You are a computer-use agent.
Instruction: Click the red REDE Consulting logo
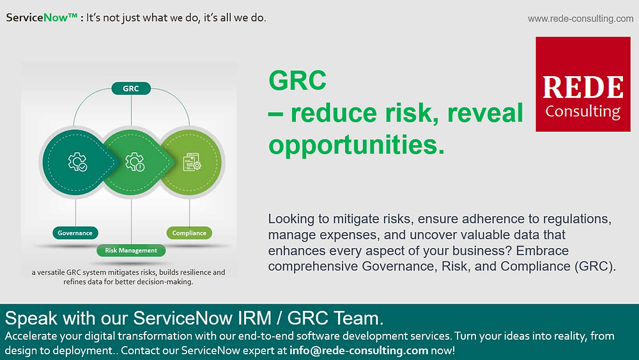click(x=583, y=84)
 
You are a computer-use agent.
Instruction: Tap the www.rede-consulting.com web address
click(x=580, y=19)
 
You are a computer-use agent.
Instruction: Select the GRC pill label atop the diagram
click(x=130, y=88)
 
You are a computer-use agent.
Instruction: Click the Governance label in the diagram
click(x=75, y=233)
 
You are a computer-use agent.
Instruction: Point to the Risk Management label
click(x=130, y=251)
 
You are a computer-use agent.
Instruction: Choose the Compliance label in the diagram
click(x=189, y=233)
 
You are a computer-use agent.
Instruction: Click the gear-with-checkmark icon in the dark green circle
click(x=78, y=162)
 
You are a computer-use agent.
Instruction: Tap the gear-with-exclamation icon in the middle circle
click(x=134, y=162)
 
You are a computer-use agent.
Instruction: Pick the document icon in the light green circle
click(x=192, y=162)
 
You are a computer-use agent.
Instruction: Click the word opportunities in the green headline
click(x=356, y=144)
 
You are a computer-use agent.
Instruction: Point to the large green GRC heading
click(x=298, y=81)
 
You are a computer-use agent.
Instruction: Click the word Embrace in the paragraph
click(x=544, y=250)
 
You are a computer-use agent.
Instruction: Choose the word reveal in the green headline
click(x=485, y=113)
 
